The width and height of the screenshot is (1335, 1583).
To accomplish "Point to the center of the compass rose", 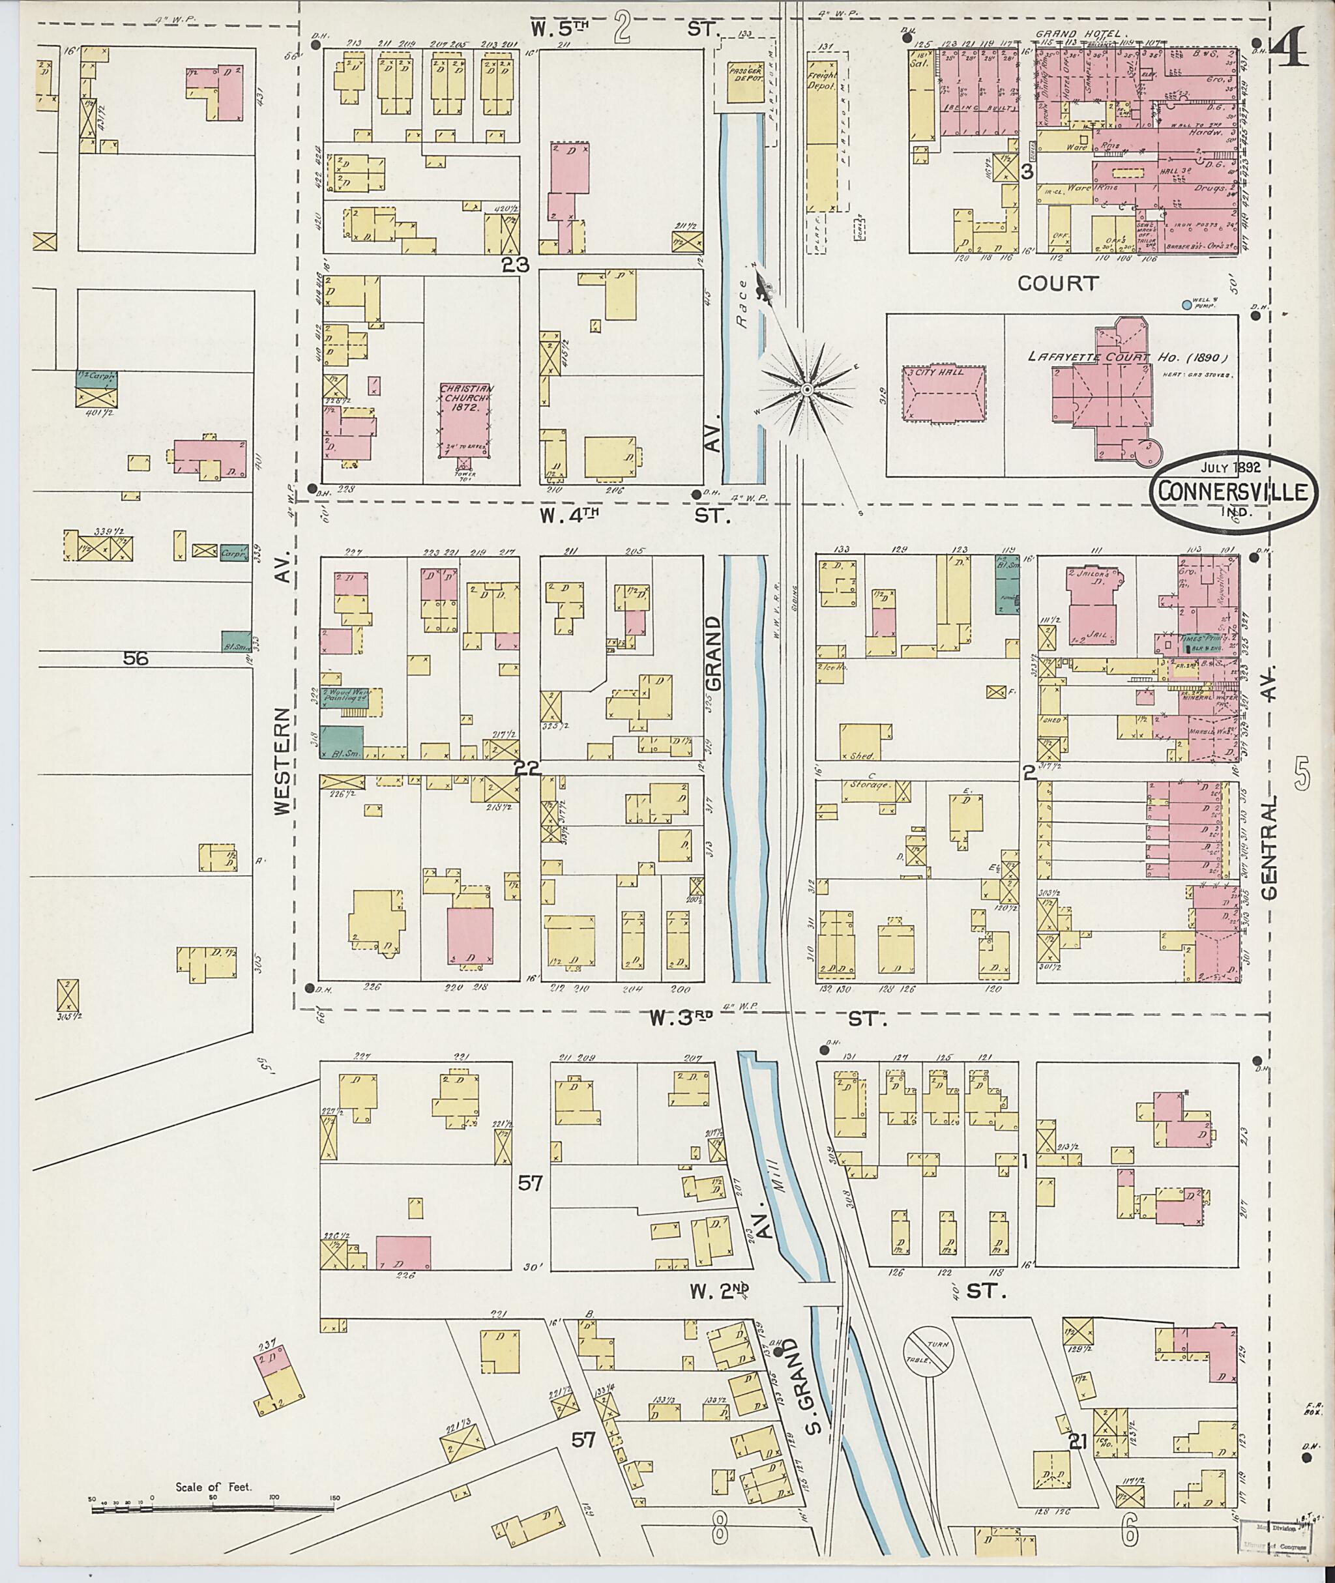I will (x=807, y=389).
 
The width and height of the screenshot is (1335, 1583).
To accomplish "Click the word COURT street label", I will (x=1057, y=283).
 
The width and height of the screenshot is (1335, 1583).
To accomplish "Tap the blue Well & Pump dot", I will (x=1186, y=305).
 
